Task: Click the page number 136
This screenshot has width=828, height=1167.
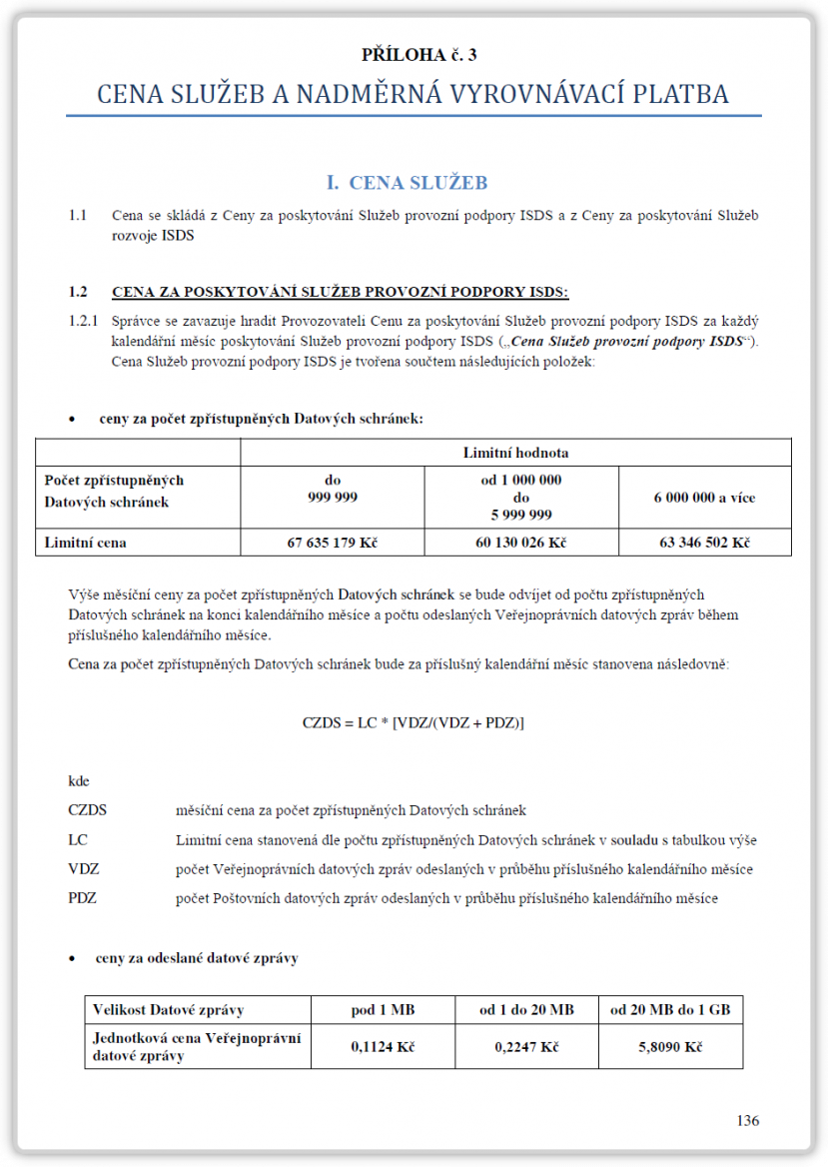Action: [748, 1120]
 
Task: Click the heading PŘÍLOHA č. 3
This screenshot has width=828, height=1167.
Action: [413, 54]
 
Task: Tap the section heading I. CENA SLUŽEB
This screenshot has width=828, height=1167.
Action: [407, 182]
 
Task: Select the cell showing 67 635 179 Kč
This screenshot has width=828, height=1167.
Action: [332, 543]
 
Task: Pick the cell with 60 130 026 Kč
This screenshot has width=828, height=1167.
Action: [520, 543]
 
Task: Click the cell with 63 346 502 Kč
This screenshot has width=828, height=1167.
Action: [704, 543]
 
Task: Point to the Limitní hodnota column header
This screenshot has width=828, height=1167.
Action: [515, 453]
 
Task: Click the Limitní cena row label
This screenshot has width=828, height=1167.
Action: [86, 543]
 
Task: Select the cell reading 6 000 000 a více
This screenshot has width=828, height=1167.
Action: [704, 497]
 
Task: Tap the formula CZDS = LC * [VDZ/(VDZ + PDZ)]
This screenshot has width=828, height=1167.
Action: [414, 721]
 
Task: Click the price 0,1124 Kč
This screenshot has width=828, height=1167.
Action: [383, 1046]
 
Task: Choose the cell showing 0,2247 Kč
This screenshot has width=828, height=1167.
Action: [526, 1046]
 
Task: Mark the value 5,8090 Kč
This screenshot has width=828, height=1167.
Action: [670, 1046]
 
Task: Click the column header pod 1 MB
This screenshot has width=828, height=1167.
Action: [383, 1010]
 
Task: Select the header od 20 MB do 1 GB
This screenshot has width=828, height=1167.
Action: [670, 1010]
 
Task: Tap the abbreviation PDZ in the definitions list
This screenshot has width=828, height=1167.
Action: [82, 898]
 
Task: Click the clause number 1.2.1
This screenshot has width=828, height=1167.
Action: [84, 322]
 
